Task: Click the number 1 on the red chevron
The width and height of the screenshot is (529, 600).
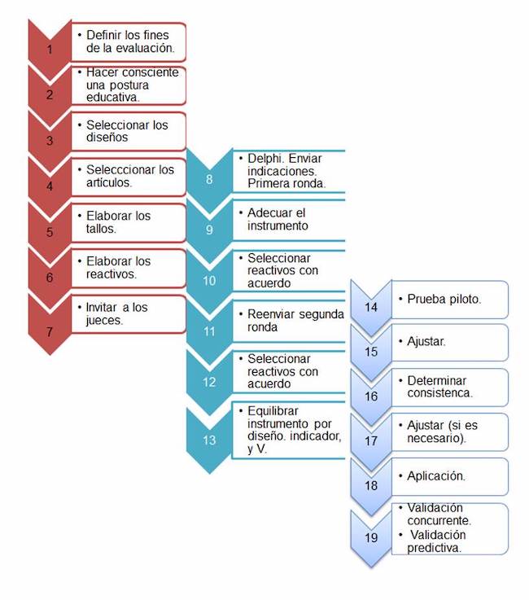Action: [x=50, y=50]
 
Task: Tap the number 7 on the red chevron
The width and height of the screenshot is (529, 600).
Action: [x=50, y=331]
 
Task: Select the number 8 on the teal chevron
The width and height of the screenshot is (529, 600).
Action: [x=209, y=178]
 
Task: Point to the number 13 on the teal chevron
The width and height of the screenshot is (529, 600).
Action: [x=209, y=440]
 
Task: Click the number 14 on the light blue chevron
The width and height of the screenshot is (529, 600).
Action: [x=370, y=307]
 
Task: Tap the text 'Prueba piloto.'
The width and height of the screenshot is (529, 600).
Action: [x=444, y=300]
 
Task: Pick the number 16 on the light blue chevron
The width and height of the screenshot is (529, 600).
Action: [x=370, y=396]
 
